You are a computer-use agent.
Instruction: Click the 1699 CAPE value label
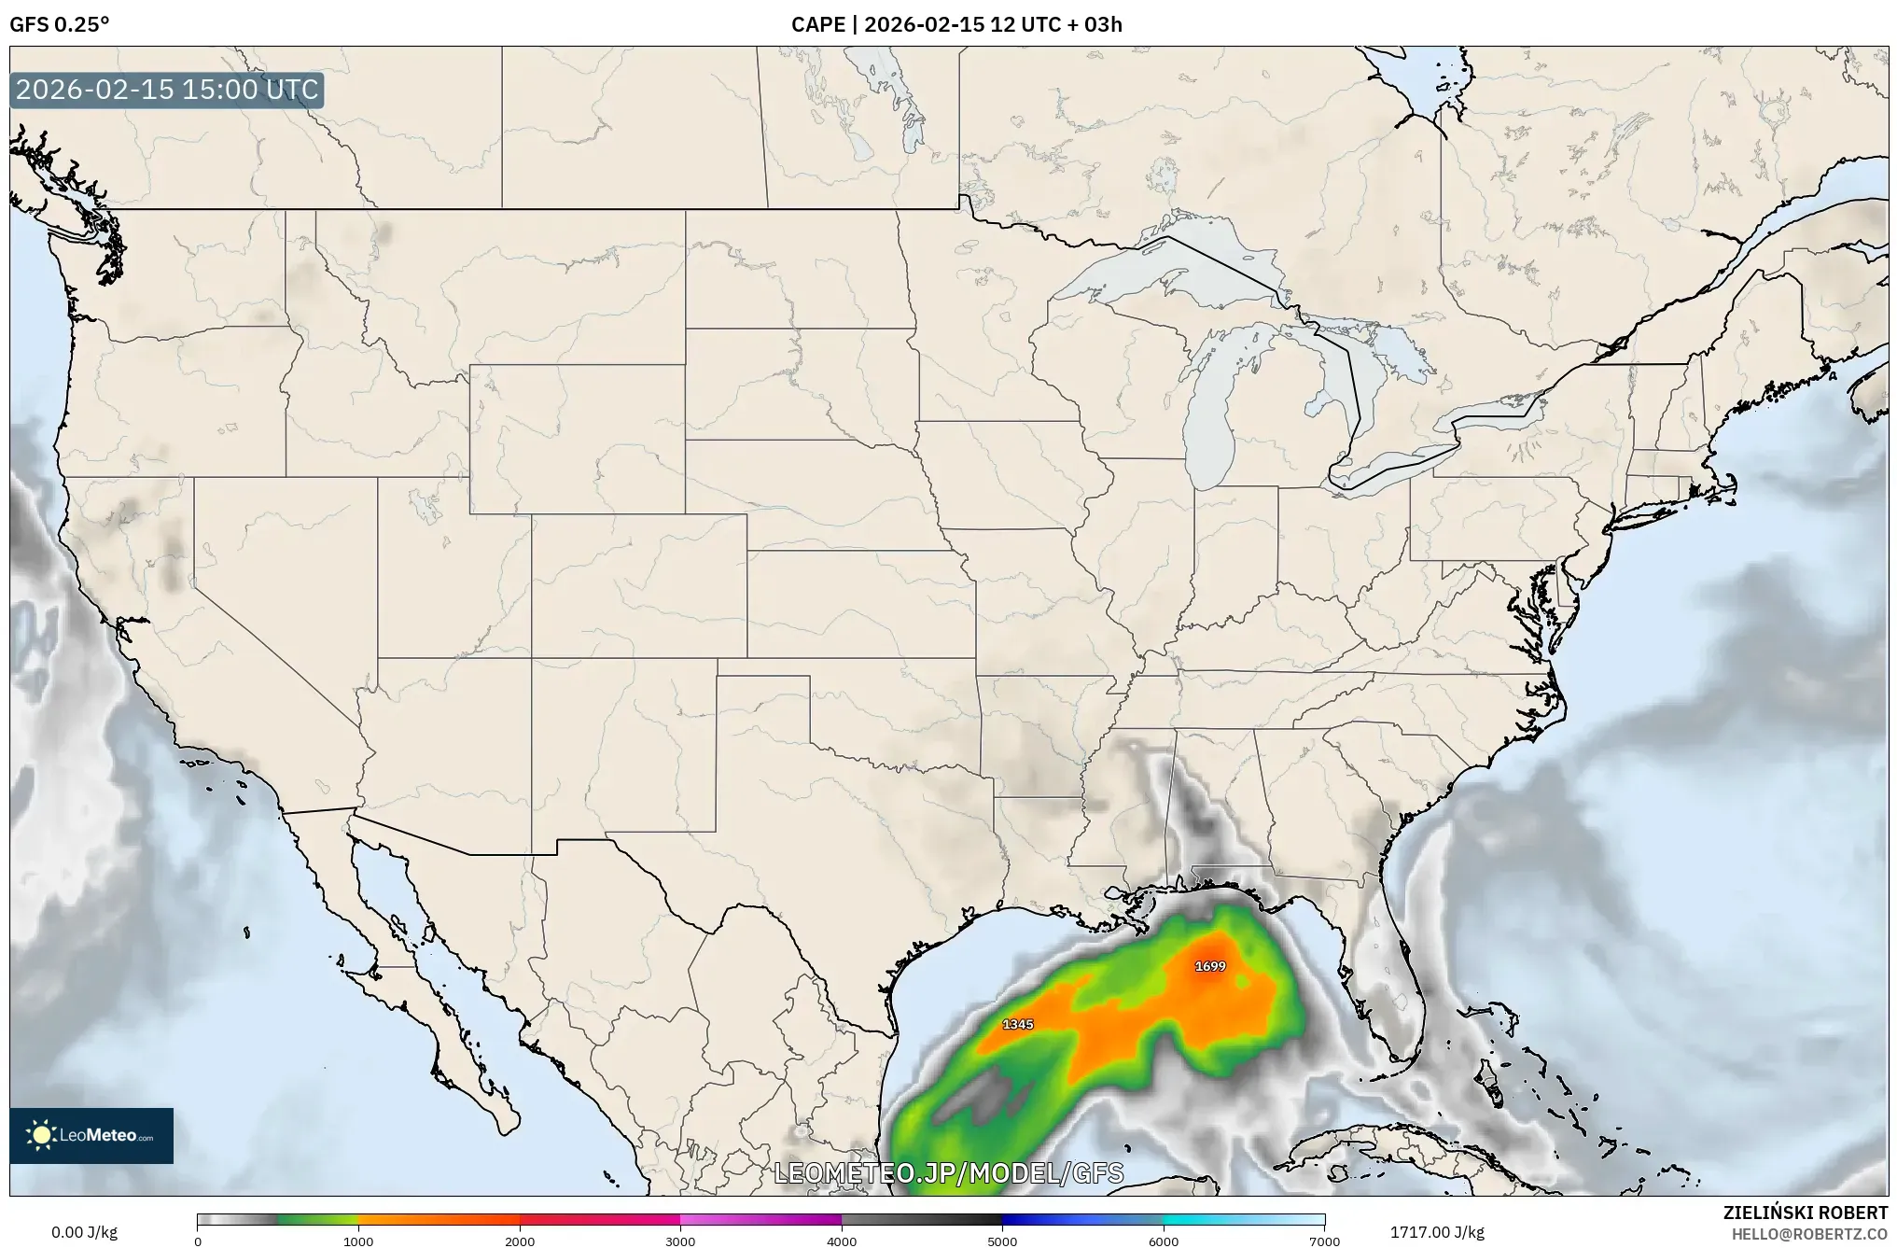[1210, 966]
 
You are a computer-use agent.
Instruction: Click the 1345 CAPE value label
[1017, 1024]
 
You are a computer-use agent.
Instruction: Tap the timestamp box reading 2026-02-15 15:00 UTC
[167, 90]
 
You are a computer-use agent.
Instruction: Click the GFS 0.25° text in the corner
[59, 24]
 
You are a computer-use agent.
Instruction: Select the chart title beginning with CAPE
[956, 24]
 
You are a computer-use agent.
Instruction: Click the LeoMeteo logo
[91, 1135]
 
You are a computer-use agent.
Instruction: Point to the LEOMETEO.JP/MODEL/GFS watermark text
[949, 1173]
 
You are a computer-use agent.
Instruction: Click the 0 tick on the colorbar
[198, 1241]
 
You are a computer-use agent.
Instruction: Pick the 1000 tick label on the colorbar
[358, 1241]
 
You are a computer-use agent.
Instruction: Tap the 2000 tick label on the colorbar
[520, 1241]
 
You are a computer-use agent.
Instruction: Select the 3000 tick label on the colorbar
[680, 1241]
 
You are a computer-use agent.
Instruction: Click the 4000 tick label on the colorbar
[842, 1241]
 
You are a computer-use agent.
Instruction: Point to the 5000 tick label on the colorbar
[1002, 1241]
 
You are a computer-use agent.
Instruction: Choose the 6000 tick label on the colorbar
[1164, 1241]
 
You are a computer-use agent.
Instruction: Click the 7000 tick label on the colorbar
[1324, 1241]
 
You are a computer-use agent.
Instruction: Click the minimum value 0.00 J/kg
[84, 1232]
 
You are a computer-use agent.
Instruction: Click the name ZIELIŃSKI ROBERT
[1805, 1213]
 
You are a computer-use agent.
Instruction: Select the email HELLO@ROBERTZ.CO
[1809, 1234]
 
